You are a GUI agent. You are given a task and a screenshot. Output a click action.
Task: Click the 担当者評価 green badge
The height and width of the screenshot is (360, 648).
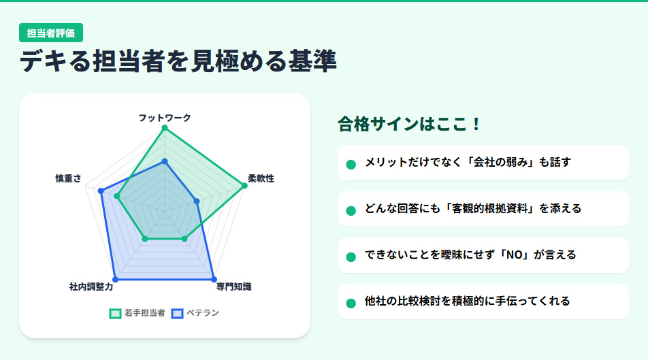point(51,33)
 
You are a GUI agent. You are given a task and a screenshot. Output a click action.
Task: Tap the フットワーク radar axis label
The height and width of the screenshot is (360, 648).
point(165,118)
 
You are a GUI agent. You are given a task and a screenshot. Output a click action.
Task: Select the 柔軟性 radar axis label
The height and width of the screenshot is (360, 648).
point(261,178)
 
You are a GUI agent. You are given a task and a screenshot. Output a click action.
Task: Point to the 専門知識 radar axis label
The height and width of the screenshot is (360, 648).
point(233,287)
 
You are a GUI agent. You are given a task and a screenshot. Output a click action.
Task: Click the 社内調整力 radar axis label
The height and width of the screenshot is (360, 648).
point(91,287)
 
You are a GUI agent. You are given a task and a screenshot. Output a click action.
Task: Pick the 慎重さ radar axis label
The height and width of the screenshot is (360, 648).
point(68,178)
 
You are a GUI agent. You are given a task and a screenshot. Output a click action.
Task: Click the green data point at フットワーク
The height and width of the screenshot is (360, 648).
point(164,128)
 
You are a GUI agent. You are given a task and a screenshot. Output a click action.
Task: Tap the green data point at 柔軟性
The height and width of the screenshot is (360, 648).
point(243,185)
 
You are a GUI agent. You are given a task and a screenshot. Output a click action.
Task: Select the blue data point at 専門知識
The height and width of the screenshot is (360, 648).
point(214,279)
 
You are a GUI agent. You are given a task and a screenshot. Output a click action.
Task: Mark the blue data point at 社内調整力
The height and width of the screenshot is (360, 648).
point(115,279)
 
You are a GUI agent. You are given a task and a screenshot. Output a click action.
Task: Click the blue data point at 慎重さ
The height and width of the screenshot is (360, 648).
point(101,191)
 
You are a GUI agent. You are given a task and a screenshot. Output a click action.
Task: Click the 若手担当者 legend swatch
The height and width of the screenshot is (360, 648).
point(115,313)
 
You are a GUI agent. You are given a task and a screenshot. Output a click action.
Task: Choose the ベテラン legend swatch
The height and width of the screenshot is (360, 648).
point(177,313)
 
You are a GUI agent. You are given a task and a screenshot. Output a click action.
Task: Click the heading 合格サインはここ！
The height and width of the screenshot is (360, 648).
point(410,124)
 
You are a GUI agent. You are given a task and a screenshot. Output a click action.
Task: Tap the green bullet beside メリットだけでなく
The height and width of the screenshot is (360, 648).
point(351,164)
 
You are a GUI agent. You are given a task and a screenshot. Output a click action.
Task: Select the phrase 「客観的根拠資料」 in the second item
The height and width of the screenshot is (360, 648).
point(491,208)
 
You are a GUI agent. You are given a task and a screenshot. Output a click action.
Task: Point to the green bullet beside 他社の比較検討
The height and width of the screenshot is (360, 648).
point(351,303)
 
